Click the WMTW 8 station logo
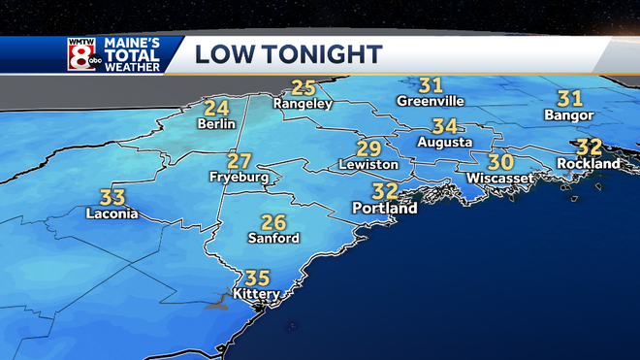(83, 53)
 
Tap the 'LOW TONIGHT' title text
(289, 53)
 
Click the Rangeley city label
(303, 103)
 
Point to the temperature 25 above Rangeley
(304, 87)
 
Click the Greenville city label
(432, 101)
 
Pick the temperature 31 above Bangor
(569, 98)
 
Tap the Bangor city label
(569, 115)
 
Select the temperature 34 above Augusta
(445, 126)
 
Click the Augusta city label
(444, 143)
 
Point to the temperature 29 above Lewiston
(368, 148)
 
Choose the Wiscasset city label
(498, 179)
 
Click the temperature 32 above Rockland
(589, 147)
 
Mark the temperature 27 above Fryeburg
(240, 161)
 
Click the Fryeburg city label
(239, 178)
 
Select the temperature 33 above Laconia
(112, 196)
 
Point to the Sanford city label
(273, 238)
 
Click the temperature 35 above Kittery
(257, 277)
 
